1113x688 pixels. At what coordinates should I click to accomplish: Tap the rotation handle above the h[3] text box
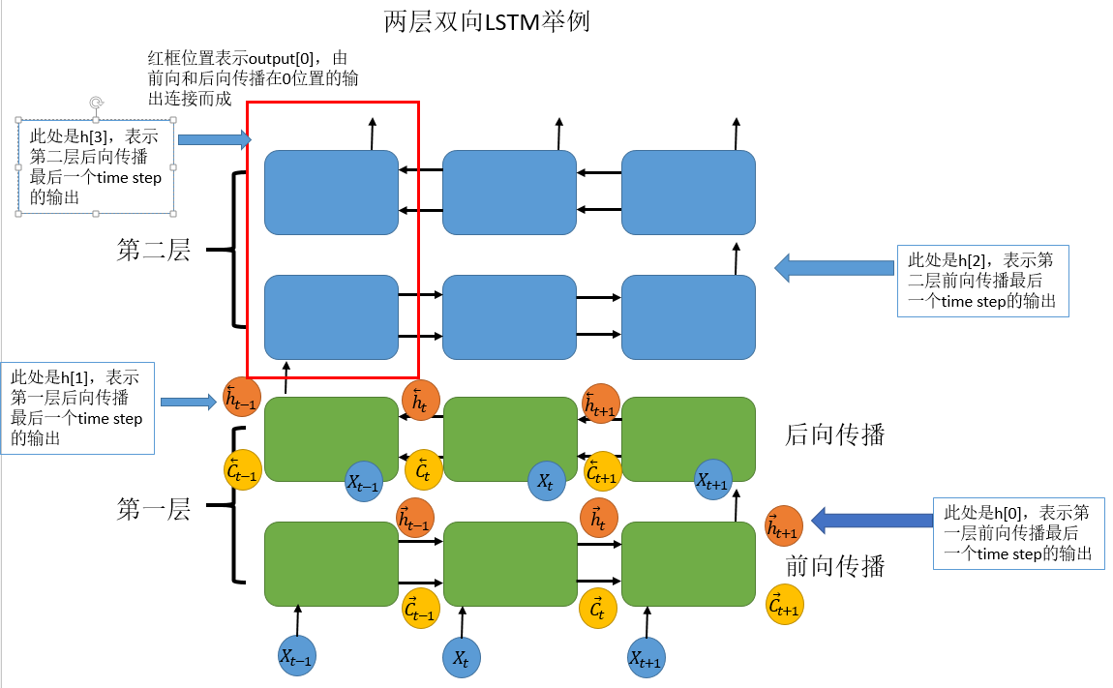pos(95,103)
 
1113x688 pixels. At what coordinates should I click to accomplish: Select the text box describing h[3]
pos(95,165)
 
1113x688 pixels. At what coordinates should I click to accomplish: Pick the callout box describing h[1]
pos(77,408)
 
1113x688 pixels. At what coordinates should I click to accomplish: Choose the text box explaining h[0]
pos(1018,532)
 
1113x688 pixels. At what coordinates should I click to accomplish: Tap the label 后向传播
pos(834,435)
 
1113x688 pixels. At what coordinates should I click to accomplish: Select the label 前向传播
pos(834,565)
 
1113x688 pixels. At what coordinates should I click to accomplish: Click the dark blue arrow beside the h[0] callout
pos(870,521)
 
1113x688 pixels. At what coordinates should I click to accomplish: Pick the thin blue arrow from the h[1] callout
pos(188,401)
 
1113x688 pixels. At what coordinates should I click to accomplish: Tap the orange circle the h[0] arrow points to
pos(784,525)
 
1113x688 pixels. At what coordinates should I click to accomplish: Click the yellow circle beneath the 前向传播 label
pos(785,605)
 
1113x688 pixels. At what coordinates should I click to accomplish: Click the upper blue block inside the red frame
pos(332,192)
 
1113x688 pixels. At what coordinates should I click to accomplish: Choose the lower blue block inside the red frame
pos(332,316)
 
